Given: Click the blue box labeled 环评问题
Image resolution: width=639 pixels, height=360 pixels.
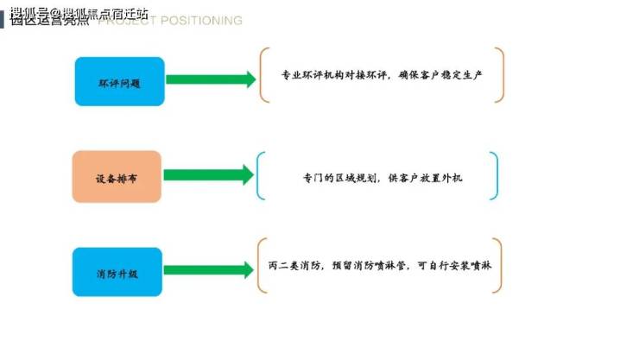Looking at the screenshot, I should (x=119, y=82).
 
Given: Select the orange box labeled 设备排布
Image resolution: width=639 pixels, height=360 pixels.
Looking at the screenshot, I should (x=117, y=177).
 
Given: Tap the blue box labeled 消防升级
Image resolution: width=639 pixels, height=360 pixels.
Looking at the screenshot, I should (x=117, y=272).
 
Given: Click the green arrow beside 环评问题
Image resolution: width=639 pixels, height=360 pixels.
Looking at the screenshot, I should (x=211, y=80).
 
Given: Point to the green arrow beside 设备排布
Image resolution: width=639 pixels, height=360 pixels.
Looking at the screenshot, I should (x=209, y=175).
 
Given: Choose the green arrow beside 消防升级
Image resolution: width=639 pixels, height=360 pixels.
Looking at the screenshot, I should (x=209, y=270).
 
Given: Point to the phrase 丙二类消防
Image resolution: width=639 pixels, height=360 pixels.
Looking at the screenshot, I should (x=296, y=266).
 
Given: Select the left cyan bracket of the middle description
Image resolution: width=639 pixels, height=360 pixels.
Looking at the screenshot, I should (x=260, y=176).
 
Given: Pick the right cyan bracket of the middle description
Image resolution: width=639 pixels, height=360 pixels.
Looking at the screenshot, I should (x=494, y=176).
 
